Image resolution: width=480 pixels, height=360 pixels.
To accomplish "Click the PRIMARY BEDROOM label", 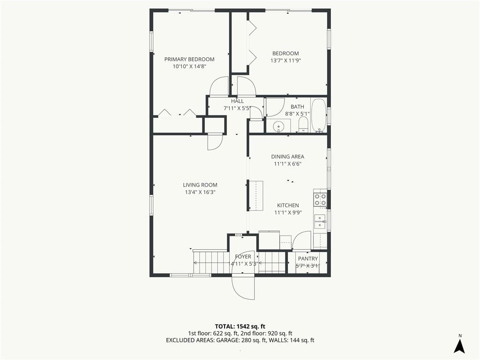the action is point(189,59).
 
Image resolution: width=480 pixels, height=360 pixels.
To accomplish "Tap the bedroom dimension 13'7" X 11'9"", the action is point(285,60).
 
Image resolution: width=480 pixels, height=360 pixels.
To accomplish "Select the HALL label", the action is point(238,101).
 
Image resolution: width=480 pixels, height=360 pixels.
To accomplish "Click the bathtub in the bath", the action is point(319,115).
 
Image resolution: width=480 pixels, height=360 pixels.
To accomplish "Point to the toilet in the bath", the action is point(303,126).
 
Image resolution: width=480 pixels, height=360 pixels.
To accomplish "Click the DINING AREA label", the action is point(288,157).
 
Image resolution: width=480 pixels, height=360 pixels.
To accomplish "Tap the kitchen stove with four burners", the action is point(320,199).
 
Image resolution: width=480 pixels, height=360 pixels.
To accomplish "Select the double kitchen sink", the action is point(320,221).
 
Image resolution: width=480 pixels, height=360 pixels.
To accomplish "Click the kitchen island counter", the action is point(256,195).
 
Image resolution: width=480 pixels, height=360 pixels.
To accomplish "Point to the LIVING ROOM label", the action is point(200,185).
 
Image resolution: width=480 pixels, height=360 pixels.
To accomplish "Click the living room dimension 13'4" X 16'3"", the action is point(200,192).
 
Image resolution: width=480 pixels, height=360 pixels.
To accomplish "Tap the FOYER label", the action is point(243,256).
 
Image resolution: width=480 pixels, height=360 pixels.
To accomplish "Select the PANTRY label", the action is point(308,259).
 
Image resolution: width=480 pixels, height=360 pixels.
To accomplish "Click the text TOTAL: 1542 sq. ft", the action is point(238,326).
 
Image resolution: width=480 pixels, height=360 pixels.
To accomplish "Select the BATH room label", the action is point(297,107).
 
